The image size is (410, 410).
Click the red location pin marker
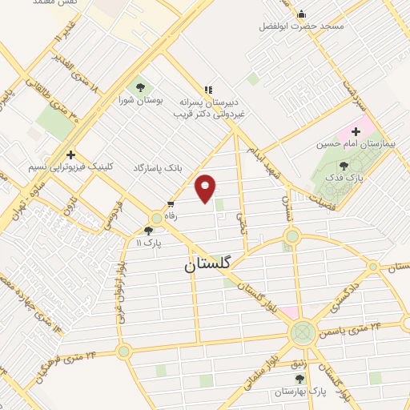[x=206, y=187]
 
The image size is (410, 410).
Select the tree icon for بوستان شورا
[x=141, y=86]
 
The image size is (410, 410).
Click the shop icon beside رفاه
[x=170, y=204]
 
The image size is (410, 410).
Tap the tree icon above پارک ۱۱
[x=148, y=231]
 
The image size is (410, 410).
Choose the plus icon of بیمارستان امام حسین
[x=356, y=131]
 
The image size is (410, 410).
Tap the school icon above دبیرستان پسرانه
[x=209, y=90]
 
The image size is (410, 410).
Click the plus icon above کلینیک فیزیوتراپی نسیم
[x=71, y=154]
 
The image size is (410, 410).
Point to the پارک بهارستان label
[x=297, y=392]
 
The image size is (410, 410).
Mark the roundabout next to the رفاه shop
[x=157, y=218]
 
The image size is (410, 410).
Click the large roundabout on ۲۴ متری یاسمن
[x=303, y=332]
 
